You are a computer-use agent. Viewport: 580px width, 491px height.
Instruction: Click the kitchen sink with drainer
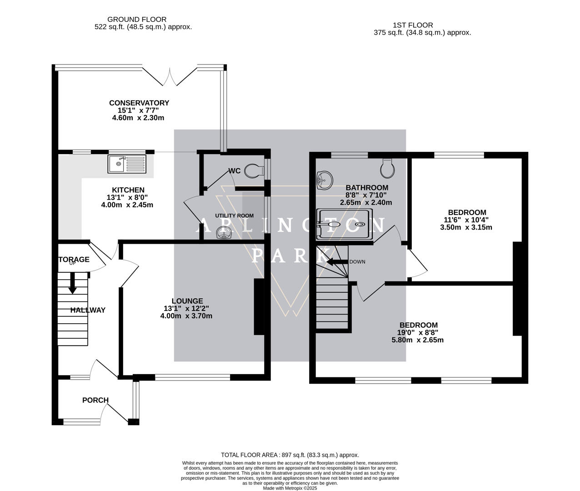pyautogui.click(x=127, y=164)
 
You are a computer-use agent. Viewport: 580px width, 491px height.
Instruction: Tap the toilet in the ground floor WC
pyautogui.click(x=254, y=171)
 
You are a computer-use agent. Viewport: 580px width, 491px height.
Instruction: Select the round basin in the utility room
pyautogui.click(x=224, y=233)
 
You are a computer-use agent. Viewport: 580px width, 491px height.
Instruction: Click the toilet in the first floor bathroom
pyautogui.click(x=387, y=168)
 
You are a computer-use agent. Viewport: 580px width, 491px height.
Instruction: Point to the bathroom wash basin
pyautogui.click(x=325, y=180)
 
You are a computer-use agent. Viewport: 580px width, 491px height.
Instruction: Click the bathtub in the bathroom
pyautogui.click(x=344, y=224)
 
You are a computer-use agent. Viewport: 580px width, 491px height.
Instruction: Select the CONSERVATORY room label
pyautogui.click(x=139, y=103)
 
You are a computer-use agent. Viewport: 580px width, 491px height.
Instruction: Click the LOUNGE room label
pyautogui.click(x=187, y=301)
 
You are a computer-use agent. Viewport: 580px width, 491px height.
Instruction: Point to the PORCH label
pyautogui.click(x=95, y=400)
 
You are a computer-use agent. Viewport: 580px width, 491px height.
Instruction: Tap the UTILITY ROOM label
pyautogui.click(x=234, y=215)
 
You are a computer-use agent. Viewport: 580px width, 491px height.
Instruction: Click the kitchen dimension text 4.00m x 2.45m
pyautogui.click(x=127, y=205)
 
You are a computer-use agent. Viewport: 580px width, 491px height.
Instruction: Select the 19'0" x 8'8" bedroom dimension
pyautogui.click(x=418, y=333)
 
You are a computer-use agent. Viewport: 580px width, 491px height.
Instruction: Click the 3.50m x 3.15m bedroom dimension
pyautogui.click(x=466, y=227)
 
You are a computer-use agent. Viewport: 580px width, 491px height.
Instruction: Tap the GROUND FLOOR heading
pyautogui.click(x=137, y=20)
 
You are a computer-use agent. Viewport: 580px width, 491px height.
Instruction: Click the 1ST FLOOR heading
pyautogui.click(x=413, y=25)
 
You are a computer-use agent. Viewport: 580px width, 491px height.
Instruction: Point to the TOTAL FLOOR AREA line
pyautogui.click(x=290, y=455)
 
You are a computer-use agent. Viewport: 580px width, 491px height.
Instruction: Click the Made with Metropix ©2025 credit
pyautogui.click(x=290, y=488)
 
